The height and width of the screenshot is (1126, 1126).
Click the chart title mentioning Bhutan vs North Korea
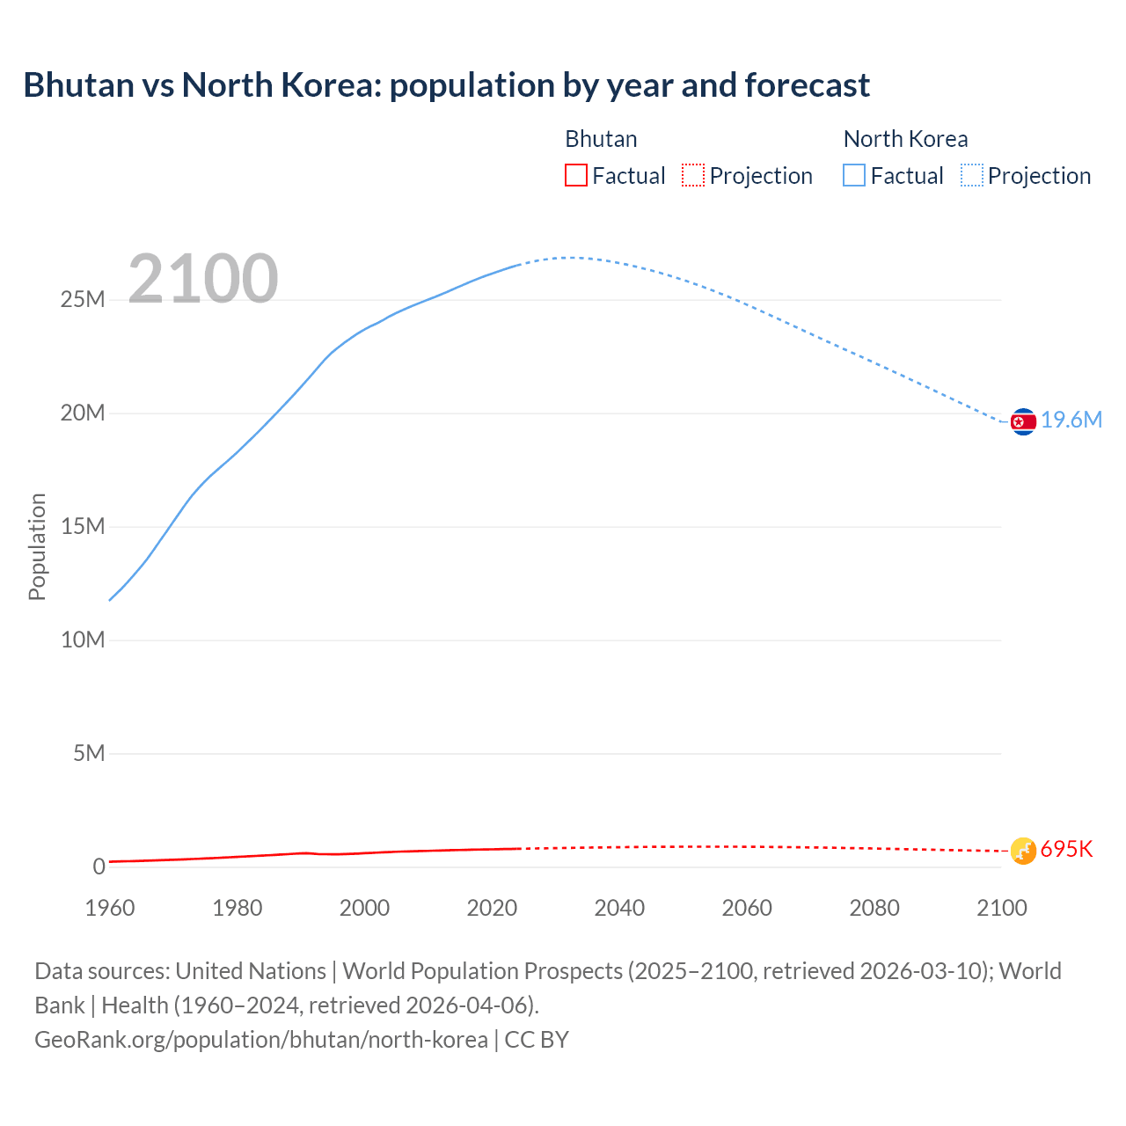[x=446, y=85]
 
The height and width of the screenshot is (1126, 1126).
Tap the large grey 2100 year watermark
[x=203, y=279]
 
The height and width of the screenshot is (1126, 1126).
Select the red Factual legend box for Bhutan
[x=575, y=176]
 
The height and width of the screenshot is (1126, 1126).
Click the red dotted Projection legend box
[x=693, y=176]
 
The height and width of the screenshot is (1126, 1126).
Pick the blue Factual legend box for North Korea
[x=854, y=176]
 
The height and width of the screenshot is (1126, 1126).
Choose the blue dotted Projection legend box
[x=971, y=176]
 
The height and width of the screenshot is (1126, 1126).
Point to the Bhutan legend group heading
[x=601, y=139]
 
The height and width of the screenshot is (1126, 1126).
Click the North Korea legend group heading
[x=905, y=139]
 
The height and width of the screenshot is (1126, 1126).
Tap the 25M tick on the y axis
[x=83, y=300]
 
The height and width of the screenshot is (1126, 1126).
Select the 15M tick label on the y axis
[x=83, y=527]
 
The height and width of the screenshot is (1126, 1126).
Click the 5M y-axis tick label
[x=89, y=754]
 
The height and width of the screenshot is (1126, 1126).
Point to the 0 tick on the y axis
[x=99, y=866]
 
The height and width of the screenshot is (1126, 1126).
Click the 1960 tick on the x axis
[x=110, y=908]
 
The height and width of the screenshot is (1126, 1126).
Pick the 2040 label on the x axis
[x=619, y=908]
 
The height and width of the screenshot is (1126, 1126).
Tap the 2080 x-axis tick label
[x=874, y=908]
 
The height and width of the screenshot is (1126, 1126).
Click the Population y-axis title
[x=37, y=546]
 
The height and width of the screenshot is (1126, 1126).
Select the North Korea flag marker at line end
[x=1023, y=422]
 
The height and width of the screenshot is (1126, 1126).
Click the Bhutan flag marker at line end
[x=1023, y=851]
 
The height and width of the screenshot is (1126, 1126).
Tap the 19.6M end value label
[x=1071, y=420]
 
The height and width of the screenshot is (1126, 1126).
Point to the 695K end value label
[x=1066, y=850]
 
